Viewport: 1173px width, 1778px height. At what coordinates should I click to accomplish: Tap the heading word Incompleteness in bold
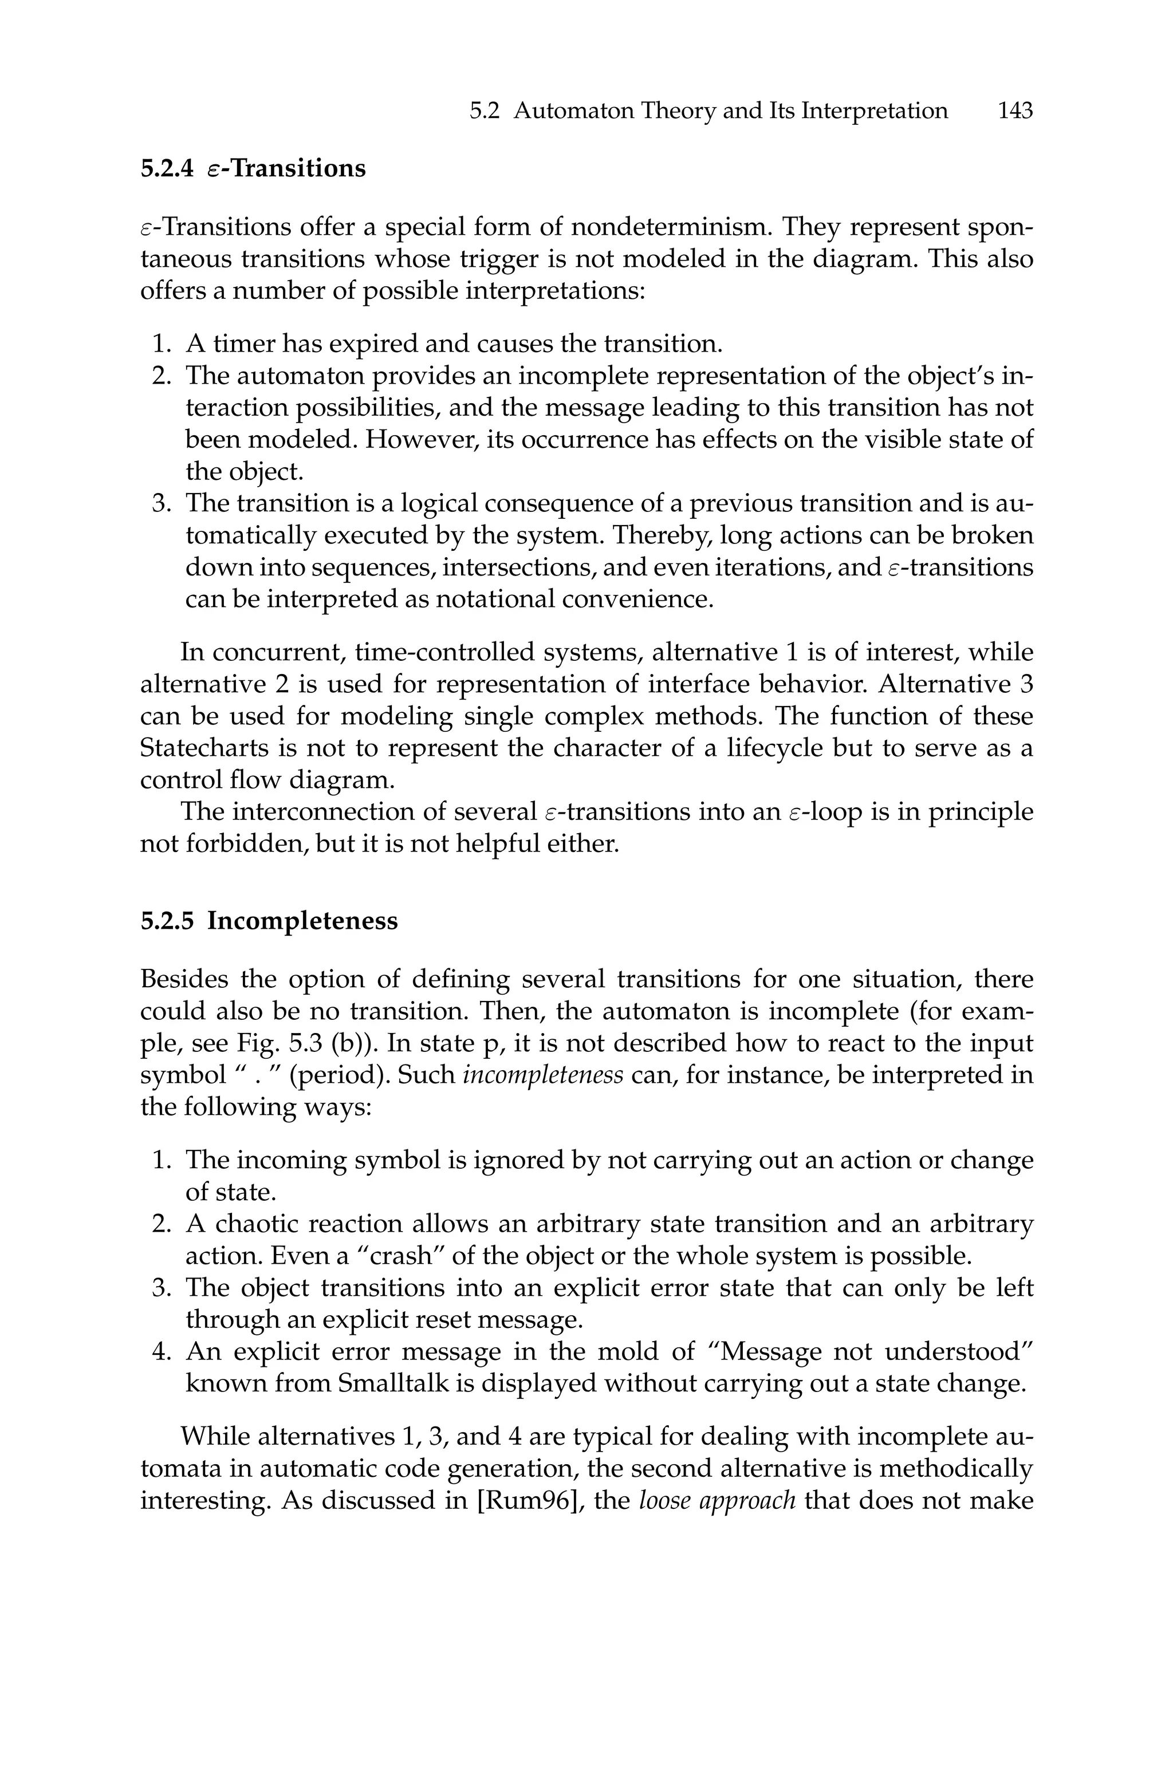click(x=302, y=920)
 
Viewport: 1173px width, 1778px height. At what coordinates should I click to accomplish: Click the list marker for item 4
click(x=161, y=1352)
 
